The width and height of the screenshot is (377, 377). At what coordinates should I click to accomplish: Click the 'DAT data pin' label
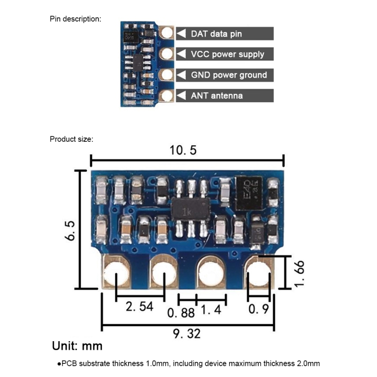(223, 33)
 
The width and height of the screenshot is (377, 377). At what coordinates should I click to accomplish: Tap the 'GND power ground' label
(229, 75)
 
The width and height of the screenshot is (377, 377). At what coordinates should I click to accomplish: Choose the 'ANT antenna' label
(217, 96)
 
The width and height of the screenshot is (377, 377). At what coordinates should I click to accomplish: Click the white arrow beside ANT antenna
(182, 96)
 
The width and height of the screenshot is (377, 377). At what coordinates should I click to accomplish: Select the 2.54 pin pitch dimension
(139, 306)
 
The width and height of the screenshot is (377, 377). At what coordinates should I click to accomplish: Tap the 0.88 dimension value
(181, 312)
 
